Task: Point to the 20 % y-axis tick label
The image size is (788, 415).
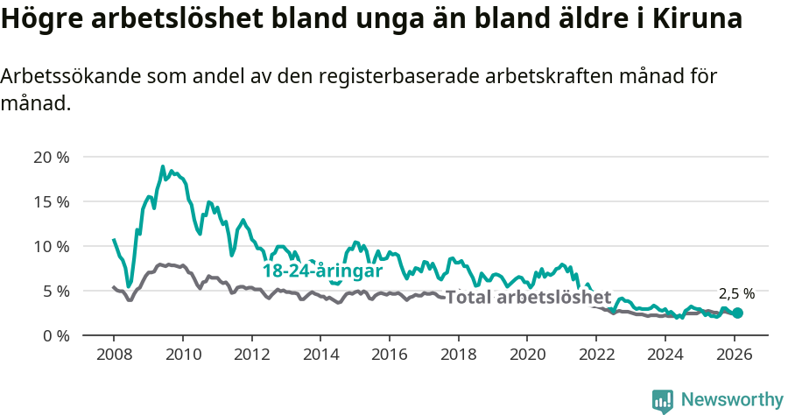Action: point(51,158)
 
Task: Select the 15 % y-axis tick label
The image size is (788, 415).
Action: point(51,201)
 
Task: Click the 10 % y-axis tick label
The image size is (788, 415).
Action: point(51,246)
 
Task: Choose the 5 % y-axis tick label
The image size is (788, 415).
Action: point(55,291)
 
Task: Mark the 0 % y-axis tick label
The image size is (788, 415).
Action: point(55,335)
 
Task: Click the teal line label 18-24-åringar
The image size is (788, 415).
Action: point(323,271)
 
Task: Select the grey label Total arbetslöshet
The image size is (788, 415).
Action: point(528,297)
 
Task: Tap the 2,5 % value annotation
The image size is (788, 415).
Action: point(736,294)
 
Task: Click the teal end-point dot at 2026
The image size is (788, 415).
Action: point(738,313)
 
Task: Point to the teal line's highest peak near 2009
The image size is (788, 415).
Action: point(163,166)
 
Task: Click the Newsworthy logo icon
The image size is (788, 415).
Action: point(663,401)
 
